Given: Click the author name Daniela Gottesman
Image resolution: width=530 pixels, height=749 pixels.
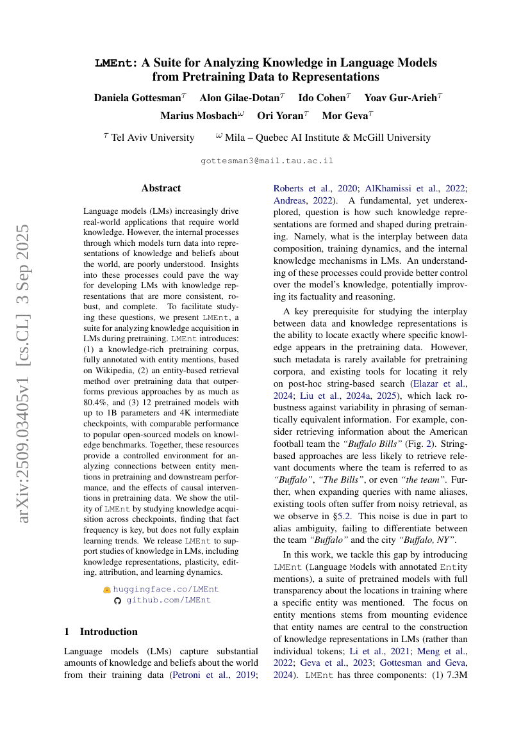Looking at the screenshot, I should tap(137, 98).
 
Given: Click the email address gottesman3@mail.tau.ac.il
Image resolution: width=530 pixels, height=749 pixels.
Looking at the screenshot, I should tap(267, 161).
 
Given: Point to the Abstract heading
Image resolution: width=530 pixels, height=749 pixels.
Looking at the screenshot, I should tap(161, 188).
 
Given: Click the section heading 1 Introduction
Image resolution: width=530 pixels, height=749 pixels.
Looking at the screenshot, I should tap(101, 631).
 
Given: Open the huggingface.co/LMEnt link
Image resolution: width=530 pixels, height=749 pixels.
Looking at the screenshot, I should tap(165, 589).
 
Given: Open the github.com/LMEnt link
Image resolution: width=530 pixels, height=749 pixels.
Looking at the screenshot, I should tap(168, 600).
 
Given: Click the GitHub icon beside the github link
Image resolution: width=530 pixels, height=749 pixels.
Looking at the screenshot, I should tap(117, 600).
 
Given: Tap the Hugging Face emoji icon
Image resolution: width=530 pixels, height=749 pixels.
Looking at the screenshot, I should tap(107, 589).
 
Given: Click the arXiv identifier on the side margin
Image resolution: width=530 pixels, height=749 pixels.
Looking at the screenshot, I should tap(24, 373).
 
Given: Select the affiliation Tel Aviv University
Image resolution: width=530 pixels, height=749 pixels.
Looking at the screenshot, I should tap(153, 138).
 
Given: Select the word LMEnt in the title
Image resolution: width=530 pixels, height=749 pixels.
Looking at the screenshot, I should tap(115, 63).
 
